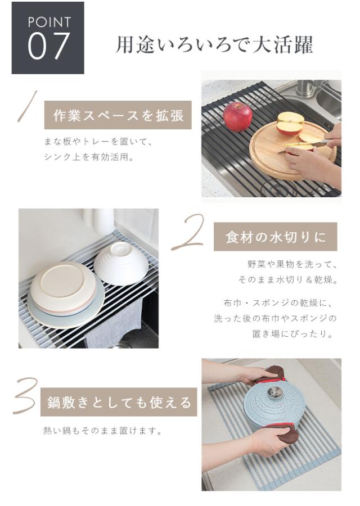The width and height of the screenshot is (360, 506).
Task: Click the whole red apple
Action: point(237,117)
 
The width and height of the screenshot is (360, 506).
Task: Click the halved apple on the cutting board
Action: point(290,124)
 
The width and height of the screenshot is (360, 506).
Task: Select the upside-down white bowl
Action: point(121,264)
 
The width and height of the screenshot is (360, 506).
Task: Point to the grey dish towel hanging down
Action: point(113,323)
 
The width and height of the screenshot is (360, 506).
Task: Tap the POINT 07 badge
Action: point(48,38)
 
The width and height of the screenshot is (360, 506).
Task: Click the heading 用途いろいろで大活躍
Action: point(214,44)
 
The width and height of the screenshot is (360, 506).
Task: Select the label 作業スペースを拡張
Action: point(118,115)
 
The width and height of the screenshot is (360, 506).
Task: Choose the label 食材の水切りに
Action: point(276,237)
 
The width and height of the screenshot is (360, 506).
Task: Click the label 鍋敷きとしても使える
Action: point(119,402)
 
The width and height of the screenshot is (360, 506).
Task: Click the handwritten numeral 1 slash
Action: point(27,106)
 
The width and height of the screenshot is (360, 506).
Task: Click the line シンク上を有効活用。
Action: point(89,157)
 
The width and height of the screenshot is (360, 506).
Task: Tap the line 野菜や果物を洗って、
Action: point(292,265)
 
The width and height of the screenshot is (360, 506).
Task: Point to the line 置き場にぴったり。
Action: point(293,333)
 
